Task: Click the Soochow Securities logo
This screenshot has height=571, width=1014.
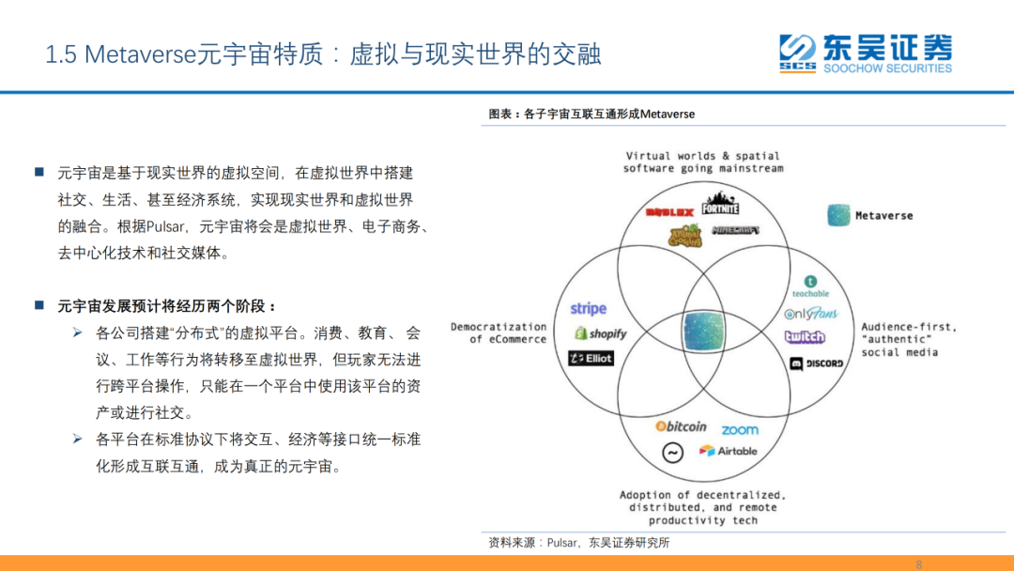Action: click(865, 53)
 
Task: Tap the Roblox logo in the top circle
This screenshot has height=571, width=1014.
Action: click(669, 212)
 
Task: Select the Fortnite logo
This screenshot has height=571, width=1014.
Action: click(720, 202)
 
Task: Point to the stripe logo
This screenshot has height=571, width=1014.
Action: click(589, 309)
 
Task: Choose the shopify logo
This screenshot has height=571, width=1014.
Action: click(600, 333)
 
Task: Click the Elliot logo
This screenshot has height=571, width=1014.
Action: click(591, 358)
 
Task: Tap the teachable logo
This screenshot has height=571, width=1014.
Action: click(810, 286)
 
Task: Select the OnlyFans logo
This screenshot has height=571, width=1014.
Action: click(810, 314)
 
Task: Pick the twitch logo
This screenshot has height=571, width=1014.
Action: click(805, 337)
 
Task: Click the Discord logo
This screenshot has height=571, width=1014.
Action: click(816, 363)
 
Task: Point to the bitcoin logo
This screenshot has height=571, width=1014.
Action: click(681, 426)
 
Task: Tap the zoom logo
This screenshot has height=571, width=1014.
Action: click(740, 430)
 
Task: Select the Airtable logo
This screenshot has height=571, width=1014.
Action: click(728, 451)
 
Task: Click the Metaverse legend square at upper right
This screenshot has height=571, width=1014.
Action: click(838, 215)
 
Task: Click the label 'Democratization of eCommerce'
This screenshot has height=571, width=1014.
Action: click(499, 333)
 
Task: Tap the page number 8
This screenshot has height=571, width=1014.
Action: click(918, 563)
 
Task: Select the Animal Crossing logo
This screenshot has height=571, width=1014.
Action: click(684, 236)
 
